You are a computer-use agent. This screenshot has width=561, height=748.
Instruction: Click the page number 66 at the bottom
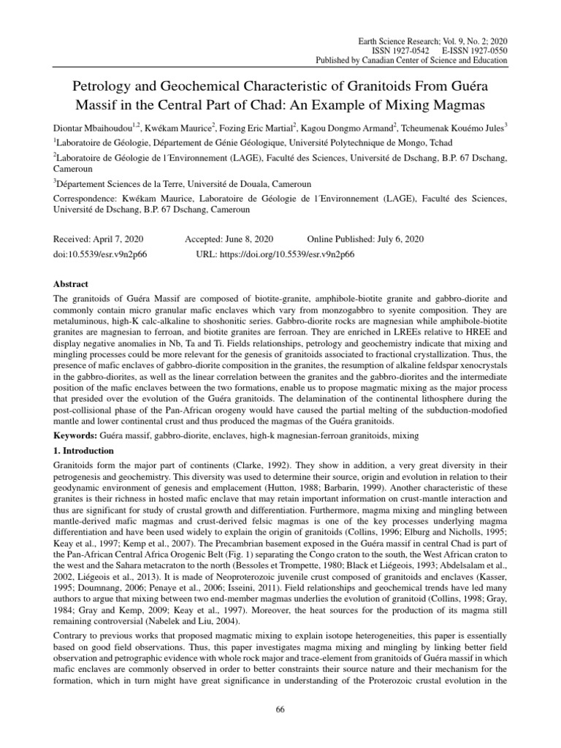pos(280,709)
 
